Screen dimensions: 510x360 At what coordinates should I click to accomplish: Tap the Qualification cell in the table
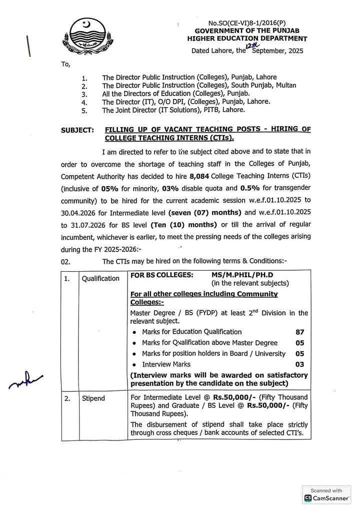[x=101, y=278]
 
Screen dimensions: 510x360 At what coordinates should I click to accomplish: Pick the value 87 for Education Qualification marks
[x=299, y=332]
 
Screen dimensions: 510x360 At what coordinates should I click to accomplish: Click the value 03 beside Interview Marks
[x=299, y=365]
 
